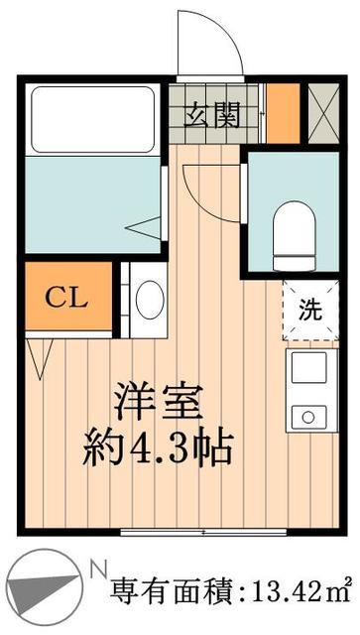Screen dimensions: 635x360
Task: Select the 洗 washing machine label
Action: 310,309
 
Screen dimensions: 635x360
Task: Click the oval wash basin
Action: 150,300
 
